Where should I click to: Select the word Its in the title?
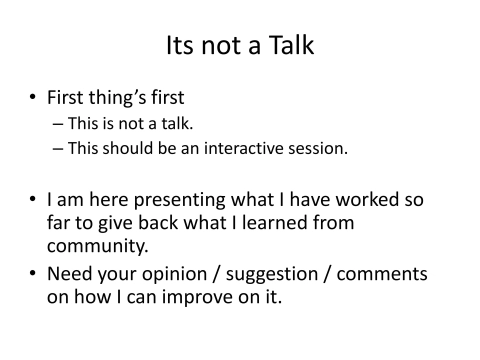(180, 45)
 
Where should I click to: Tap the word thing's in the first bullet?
(121, 99)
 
